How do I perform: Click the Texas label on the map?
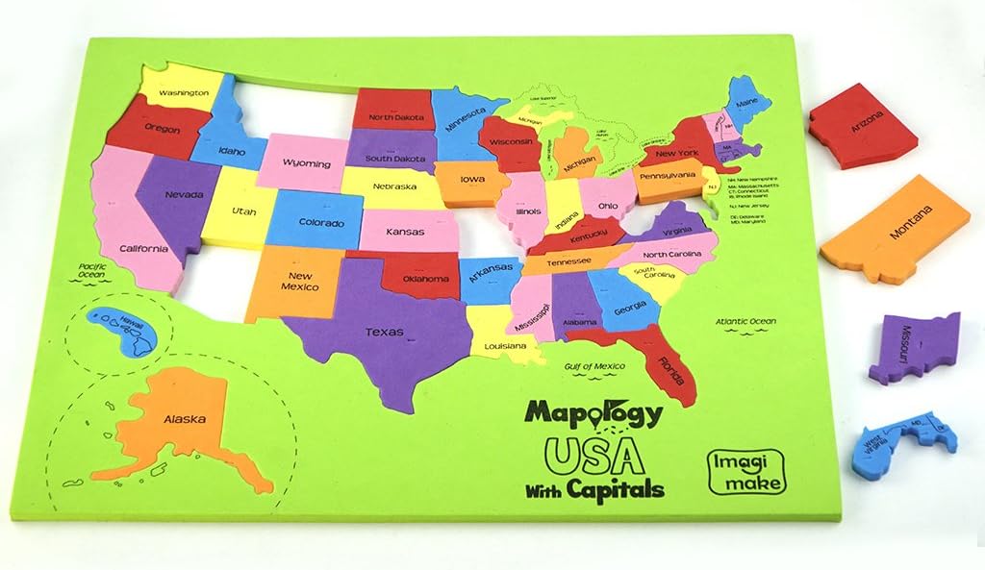click(383, 333)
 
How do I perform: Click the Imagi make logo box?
click(746, 471)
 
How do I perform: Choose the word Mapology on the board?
click(593, 414)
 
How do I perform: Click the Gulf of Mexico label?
click(594, 365)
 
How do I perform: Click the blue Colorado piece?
click(320, 220)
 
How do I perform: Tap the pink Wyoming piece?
click(306, 163)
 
